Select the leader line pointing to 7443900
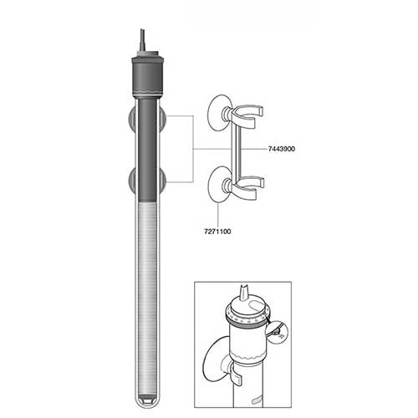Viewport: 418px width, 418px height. click(251, 147)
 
